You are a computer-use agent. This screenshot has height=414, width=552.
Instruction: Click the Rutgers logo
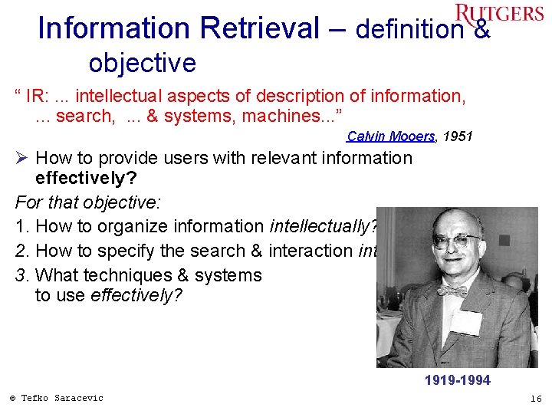click(x=498, y=13)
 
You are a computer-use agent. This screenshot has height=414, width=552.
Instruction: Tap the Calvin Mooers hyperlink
click(x=391, y=136)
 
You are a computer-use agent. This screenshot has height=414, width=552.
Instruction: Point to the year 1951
click(x=458, y=136)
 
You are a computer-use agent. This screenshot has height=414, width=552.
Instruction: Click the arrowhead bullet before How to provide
click(x=22, y=159)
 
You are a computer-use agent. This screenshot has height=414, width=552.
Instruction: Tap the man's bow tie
click(x=452, y=291)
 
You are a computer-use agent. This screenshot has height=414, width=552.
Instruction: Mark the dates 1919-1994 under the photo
click(x=457, y=380)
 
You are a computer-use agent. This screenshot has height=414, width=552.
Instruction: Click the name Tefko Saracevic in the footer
click(x=62, y=398)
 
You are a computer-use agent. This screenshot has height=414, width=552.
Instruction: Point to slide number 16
click(x=535, y=399)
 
